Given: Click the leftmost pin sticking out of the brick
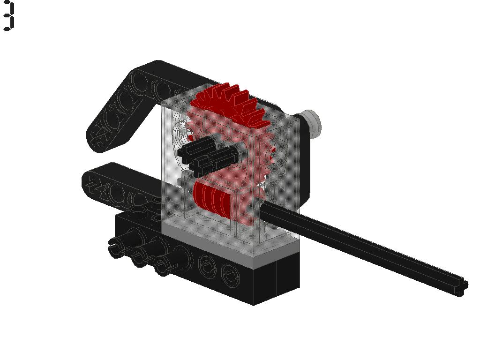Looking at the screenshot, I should (117, 247).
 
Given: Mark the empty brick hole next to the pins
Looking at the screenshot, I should (206, 266).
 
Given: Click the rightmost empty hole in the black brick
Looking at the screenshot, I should (229, 274).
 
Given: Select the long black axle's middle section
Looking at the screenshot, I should (361, 244).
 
